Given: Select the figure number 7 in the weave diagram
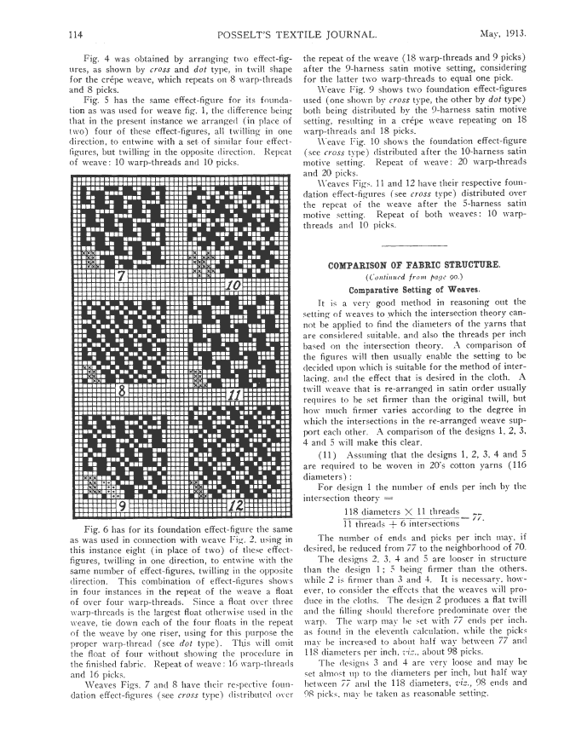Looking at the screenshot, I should click(x=124, y=276).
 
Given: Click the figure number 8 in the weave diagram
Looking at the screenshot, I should click(x=123, y=392).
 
